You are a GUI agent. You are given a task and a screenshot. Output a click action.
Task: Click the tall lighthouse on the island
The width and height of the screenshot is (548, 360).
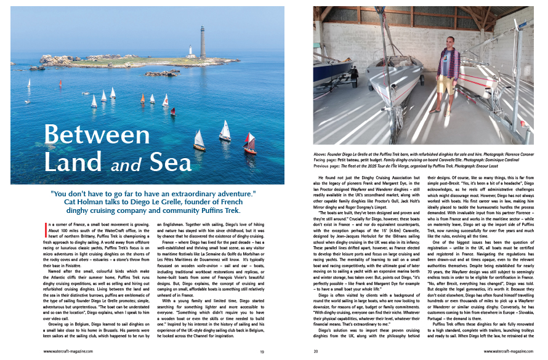(202, 42)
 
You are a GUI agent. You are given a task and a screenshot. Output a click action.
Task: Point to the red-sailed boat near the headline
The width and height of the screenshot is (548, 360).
(249, 144)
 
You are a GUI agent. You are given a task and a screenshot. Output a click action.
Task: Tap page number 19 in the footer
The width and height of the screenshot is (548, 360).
(262, 351)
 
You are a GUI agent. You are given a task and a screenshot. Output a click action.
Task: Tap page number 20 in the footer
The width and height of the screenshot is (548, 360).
(316, 351)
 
